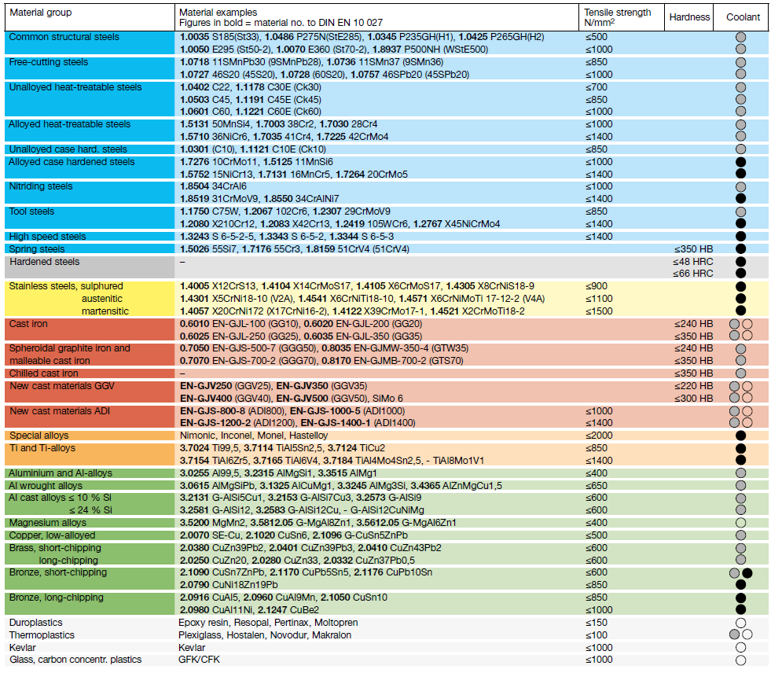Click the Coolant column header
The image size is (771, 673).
pyautogui.click(x=743, y=17)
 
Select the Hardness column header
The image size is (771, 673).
pyautogui.click(x=689, y=17)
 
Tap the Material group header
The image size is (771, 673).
pyautogui.click(x=41, y=13)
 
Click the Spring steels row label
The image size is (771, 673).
pyautogui.click(x=37, y=249)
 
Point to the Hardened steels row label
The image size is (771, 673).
pyautogui.click(x=44, y=262)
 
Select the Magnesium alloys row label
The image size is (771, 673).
pyautogui.click(x=48, y=523)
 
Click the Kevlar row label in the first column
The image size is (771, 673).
pyautogui.click(x=23, y=647)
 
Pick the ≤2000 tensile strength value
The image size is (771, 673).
pyautogui.click(x=599, y=436)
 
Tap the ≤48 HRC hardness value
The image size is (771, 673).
pyautogui.click(x=693, y=262)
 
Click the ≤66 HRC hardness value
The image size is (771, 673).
pyautogui.click(x=693, y=274)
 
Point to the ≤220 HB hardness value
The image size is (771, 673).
pyautogui.click(x=693, y=386)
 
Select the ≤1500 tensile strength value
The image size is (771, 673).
pyautogui.click(x=599, y=311)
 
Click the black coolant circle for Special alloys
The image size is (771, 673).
pyautogui.click(x=740, y=436)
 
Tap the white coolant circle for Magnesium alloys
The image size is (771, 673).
pyautogui.click(x=740, y=523)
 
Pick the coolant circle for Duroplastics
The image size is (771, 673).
pyautogui.click(x=740, y=623)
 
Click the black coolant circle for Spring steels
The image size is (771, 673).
pyautogui.click(x=740, y=249)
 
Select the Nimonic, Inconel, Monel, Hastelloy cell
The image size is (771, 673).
pyautogui.click(x=254, y=436)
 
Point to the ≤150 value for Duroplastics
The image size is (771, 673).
pyautogui.click(x=597, y=623)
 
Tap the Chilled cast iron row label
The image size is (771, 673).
pyautogui.click(x=44, y=373)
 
